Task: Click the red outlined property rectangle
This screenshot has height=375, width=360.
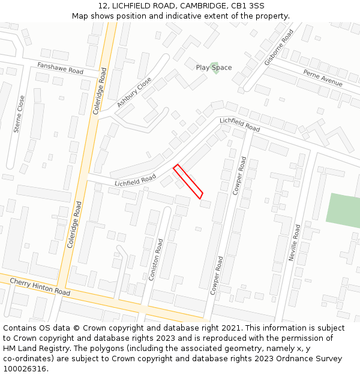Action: coord(188,181)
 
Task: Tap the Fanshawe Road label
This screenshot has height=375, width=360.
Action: coord(60,68)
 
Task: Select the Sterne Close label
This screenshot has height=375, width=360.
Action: coord(19,113)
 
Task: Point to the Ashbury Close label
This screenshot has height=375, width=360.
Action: coord(134,93)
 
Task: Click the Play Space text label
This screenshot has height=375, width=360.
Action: coord(214,68)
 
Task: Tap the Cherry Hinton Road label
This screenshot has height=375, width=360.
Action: coord(40,286)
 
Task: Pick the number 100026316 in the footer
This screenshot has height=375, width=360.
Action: coord(26,368)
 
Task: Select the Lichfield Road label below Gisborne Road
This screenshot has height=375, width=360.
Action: coord(239,125)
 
